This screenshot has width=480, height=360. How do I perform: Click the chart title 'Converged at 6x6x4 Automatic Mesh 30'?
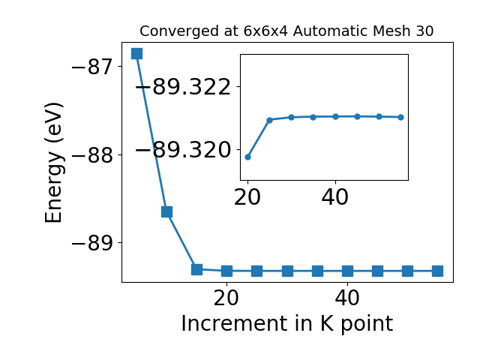click(286, 31)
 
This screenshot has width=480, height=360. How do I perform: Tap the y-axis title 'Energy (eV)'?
click(54, 163)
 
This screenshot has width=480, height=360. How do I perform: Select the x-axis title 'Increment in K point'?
click(287, 324)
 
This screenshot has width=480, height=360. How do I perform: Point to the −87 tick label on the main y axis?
click(92, 67)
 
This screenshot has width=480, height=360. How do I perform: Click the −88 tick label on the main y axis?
click(92, 155)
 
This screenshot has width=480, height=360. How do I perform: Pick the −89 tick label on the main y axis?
click(92, 243)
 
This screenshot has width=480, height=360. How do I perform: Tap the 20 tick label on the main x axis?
click(226, 298)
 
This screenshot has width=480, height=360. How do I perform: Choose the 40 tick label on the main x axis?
click(347, 298)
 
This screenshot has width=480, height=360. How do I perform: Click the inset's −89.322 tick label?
click(183, 87)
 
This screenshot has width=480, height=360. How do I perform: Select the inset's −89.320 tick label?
click(183, 150)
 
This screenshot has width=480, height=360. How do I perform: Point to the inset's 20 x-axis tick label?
click(247, 197)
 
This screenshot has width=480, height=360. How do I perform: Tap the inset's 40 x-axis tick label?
click(335, 197)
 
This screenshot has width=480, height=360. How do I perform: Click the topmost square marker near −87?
click(136, 53)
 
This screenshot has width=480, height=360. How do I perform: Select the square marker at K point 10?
click(166, 211)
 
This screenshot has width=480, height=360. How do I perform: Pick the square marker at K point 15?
click(196, 269)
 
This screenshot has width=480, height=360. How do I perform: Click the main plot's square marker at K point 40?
click(347, 271)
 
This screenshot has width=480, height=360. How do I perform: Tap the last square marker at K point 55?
click(437, 271)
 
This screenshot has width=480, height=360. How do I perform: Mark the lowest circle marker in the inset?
click(248, 157)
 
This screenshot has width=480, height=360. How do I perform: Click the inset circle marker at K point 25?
click(270, 120)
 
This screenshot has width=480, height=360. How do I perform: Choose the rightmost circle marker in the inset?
click(401, 117)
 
